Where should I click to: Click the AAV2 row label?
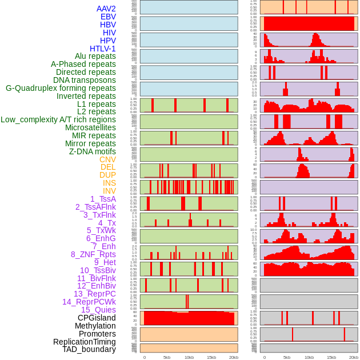pos(106,9)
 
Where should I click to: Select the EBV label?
pos(108,17)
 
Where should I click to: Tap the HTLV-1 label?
pos(102,49)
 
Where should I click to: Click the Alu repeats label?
pos(95,56)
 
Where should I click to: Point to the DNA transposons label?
pos(85,80)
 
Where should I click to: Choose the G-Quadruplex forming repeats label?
pos(61,88)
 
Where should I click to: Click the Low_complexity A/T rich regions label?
pos(58,119)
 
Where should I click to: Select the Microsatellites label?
pos(90,127)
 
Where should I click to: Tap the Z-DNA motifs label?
pos(93,151)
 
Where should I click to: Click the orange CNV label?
pos(107,159)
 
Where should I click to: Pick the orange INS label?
pos(109,183)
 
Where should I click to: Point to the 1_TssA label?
pos(103,199)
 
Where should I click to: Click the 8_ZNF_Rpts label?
pos(93,254)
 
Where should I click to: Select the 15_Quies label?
pos(98,310)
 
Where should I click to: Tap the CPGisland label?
pos(97,318)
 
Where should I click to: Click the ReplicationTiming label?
pos(85,342)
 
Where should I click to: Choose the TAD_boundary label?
pos(89,349)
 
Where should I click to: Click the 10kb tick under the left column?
pos(189,357)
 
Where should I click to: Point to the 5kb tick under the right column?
pos(286,357)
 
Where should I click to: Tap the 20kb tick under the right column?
pos(354,357)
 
